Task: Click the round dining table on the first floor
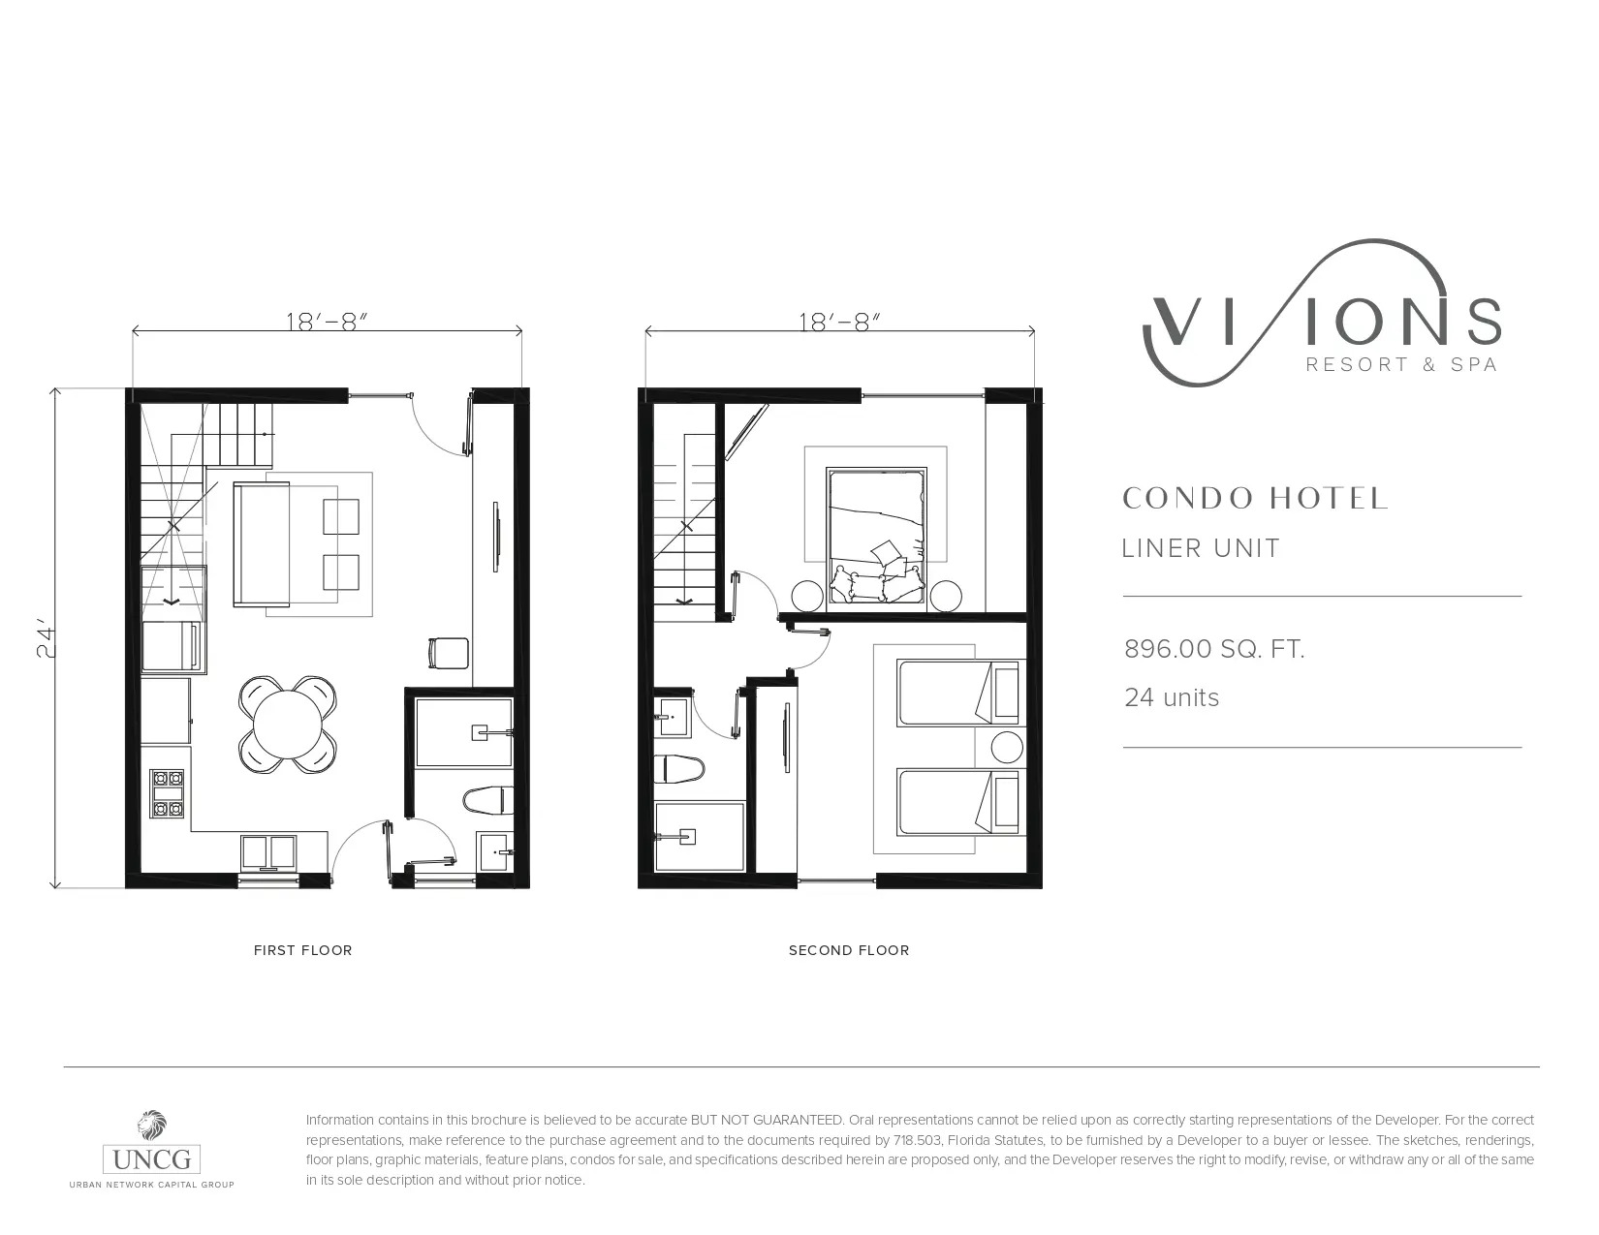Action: [x=288, y=724]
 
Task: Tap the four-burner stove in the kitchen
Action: [x=167, y=793]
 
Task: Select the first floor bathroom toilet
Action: [x=488, y=800]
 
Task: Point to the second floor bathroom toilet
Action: [x=679, y=769]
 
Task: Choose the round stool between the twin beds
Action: [x=1007, y=748]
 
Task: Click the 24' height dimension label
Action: [x=47, y=641]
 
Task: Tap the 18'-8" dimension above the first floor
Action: [x=326, y=323]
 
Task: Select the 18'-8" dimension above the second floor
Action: [x=839, y=323]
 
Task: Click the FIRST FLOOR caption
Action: [x=303, y=950]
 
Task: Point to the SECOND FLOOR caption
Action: [x=849, y=950]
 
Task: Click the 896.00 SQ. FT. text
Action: [x=1214, y=649]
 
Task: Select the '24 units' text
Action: [x=1172, y=697]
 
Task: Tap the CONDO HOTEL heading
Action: [x=1255, y=498]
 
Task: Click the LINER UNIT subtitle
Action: [x=1201, y=548]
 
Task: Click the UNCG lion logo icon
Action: [x=152, y=1126]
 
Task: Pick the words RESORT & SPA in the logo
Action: [x=1402, y=365]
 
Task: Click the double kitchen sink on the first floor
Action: [x=268, y=851]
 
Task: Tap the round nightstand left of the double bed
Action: [x=806, y=595]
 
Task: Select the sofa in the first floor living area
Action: [x=262, y=544]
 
